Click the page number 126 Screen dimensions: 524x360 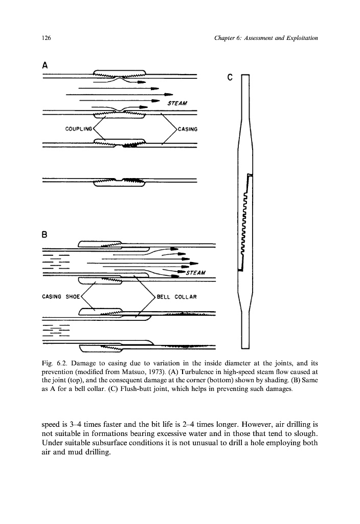click(46, 38)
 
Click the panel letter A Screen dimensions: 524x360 click(45, 65)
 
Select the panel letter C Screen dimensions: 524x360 click(230, 78)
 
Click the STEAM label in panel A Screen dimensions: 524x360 click(177, 104)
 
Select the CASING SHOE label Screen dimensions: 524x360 click(60, 296)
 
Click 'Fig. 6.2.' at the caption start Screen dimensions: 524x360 click(53, 363)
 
